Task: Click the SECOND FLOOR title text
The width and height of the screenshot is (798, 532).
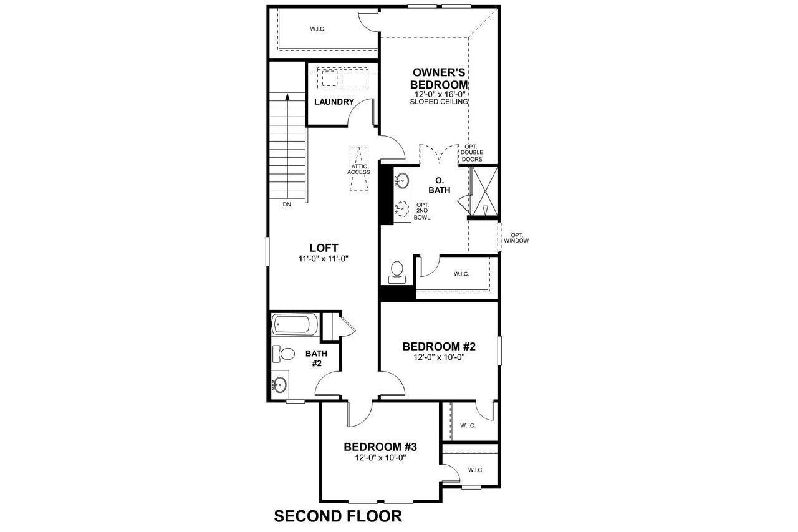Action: click(x=338, y=516)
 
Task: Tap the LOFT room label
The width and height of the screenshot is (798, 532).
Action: click(x=324, y=248)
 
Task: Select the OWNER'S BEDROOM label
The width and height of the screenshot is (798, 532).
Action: click(x=439, y=79)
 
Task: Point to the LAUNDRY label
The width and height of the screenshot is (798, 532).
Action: click(x=334, y=102)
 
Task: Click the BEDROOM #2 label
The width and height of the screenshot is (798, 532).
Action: click(x=439, y=346)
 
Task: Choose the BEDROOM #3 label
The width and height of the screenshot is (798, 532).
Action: click(x=380, y=447)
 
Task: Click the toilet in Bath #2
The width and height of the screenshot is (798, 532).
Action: click(x=284, y=354)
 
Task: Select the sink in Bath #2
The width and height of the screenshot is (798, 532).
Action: click(x=280, y=384)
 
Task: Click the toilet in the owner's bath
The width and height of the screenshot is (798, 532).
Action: click(x=397, y=270)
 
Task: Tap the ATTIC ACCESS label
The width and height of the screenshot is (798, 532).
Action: click(x=358, y=168)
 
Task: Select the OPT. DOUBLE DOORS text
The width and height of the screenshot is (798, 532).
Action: click(x=471, y=153)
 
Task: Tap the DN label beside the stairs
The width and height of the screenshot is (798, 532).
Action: click(x=287, y=205)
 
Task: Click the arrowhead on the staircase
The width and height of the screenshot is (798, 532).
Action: click(x=287, y=97)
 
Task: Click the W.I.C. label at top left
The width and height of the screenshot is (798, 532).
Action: click(x=318, y=29)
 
